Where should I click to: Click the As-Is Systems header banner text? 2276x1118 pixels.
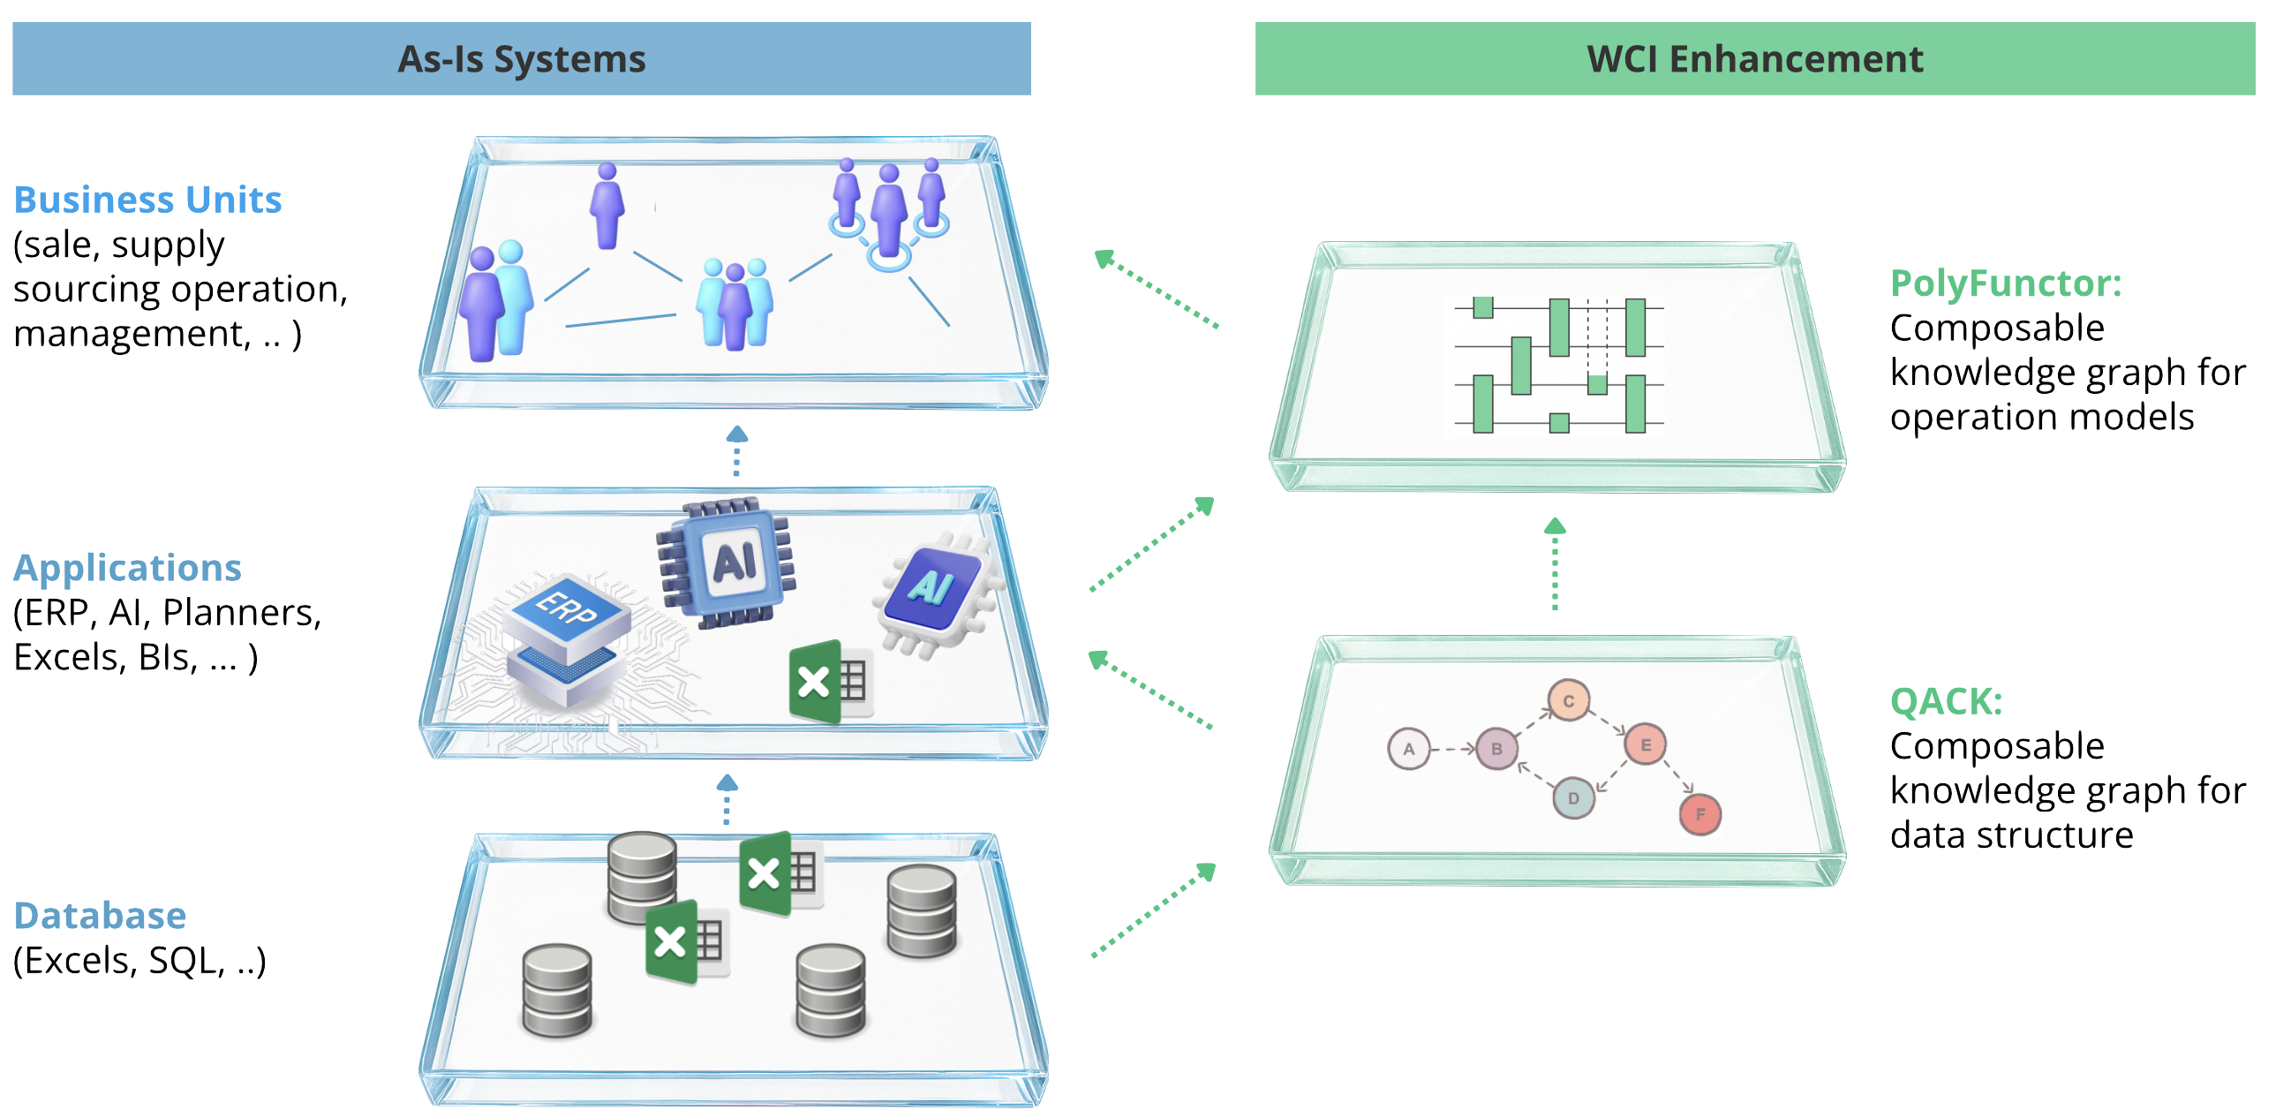click(x=521, y=59)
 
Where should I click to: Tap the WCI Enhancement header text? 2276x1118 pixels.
click(x=1755, y=59)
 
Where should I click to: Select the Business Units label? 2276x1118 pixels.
click(x=148, y=200)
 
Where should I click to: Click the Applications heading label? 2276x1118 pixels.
click(x=127, y=568)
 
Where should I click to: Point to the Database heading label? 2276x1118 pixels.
click(x=101, y=916)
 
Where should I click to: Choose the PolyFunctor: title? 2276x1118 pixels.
click(x=2005, y=283)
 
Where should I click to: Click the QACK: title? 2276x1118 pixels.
click(x=1946, y=702)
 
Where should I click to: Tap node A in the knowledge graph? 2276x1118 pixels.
click(x=1408, y=749)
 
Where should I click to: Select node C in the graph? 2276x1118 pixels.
click(x=1568, y=701)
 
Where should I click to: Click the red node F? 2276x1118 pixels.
click(x=1699, y=814)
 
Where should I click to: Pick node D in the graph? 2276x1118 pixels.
click(x=1572, y=798)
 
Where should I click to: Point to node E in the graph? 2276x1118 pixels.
click(x=1645, y=744)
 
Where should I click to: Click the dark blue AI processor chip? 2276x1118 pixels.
click(x=727, y=563)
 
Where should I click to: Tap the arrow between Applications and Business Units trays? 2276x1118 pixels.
click(x=737, y=451)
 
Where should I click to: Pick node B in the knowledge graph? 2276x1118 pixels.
click(x=1496, y=749)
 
